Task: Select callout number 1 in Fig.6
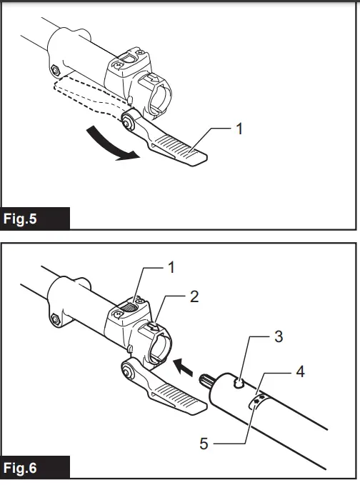pos(171,269)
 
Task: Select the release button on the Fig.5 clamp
pos(127,59)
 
